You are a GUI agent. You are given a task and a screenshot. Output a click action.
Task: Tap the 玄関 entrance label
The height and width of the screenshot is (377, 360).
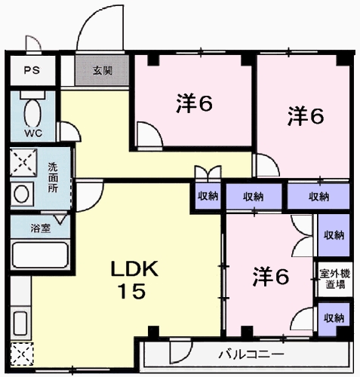(103, 71)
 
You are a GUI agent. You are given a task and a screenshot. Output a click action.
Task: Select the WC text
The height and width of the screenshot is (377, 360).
(32, 133)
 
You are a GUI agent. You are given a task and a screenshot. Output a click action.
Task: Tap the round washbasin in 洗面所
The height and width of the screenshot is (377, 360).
(22, 194)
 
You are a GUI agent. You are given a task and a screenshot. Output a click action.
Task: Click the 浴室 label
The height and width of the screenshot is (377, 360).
(42, 228)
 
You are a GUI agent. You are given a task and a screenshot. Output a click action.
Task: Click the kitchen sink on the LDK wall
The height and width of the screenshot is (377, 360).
(20, 321)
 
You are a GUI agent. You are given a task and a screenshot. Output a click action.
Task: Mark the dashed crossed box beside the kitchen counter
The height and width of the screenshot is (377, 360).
(20, 352)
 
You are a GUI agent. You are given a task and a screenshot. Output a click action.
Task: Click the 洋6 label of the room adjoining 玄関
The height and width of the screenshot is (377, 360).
(194, 104)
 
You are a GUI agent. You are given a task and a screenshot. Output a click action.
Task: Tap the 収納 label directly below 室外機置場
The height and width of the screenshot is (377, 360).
(333, 317)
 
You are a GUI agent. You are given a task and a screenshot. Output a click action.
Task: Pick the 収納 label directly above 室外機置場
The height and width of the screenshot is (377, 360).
(333, 234)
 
